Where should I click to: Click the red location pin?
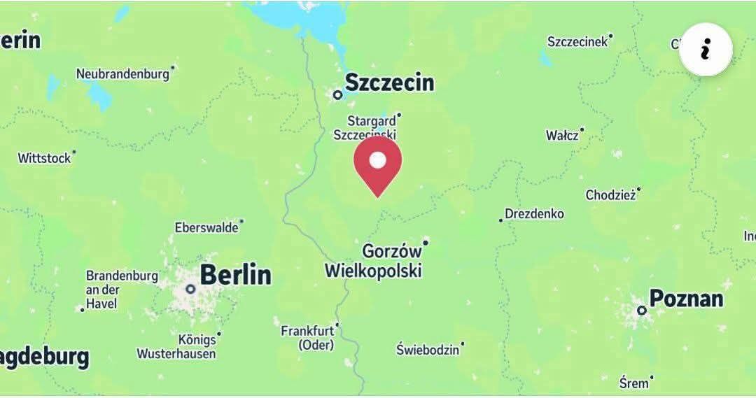[377, 163]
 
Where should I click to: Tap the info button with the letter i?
[706, 50]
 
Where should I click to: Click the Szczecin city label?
[389, 83]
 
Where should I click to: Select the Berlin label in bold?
[235, 274]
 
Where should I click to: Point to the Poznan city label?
[685, 299]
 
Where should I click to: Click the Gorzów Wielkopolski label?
[374, 260]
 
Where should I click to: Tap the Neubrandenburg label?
[122, 73]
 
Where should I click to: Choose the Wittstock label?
[44, 159]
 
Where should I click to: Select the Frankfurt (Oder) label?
[308, 337]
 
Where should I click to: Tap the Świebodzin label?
[428, 349]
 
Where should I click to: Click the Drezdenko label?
[534, 214]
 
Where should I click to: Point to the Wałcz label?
[562, 135]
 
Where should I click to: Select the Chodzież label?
[610, 195]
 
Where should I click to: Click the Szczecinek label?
[577, 42]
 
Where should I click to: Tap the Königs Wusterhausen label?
[176, 346]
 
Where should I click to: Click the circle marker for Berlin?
[190, 289]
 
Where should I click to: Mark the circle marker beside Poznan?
[641, 310]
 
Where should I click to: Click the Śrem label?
[633, 383]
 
